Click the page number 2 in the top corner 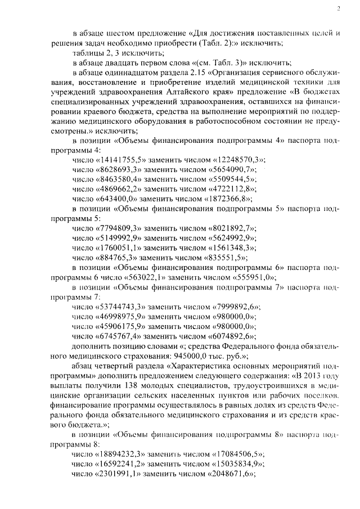coord(339,8)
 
